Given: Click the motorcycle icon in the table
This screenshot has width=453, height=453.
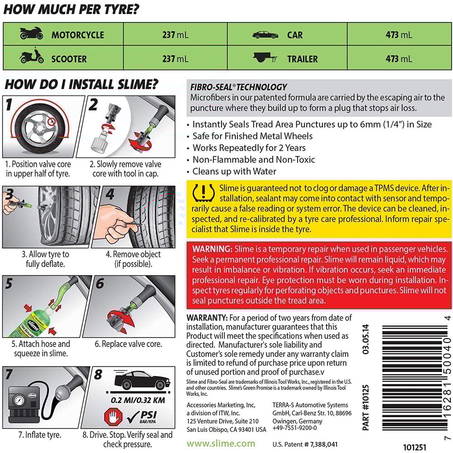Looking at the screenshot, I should [32, 34].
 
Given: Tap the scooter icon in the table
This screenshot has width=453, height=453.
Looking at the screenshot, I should [32, 58].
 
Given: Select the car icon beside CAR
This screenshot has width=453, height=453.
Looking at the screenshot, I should [265, 34].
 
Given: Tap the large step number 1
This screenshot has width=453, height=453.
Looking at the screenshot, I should [9, 106].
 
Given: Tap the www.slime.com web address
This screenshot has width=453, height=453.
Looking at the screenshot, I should [221, 443].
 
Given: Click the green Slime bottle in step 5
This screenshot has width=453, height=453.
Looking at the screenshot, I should [25, 317].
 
